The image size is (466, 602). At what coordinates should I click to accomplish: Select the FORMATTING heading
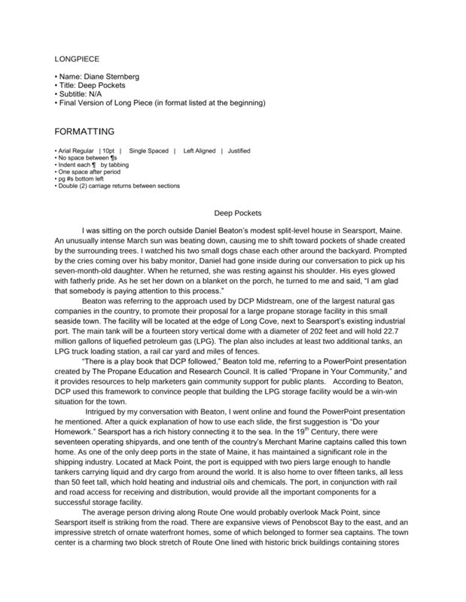85,131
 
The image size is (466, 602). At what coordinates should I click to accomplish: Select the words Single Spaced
148,150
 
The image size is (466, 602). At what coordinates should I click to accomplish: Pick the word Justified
239,150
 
